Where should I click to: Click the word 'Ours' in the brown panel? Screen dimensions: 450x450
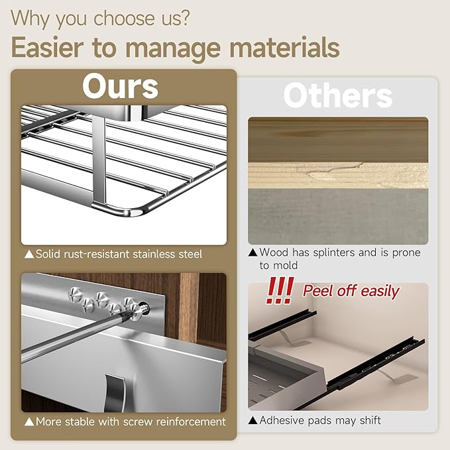[120, 86]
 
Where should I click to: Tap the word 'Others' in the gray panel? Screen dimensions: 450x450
[338, 95]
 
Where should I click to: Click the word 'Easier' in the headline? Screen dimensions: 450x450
[48, 47]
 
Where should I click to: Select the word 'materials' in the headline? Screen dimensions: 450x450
[284, 47]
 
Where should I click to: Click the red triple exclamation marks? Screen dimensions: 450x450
[280, 290]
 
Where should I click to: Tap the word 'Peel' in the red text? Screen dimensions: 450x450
[318, 291]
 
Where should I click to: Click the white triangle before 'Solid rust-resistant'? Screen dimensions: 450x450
[29, 254]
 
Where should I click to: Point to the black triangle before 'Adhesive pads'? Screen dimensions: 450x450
[253, 420]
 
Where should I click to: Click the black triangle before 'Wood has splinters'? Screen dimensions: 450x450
[253, 253]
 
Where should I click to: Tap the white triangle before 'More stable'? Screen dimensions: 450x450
[29, 422]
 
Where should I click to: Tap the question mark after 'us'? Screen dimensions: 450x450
[184, 18]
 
